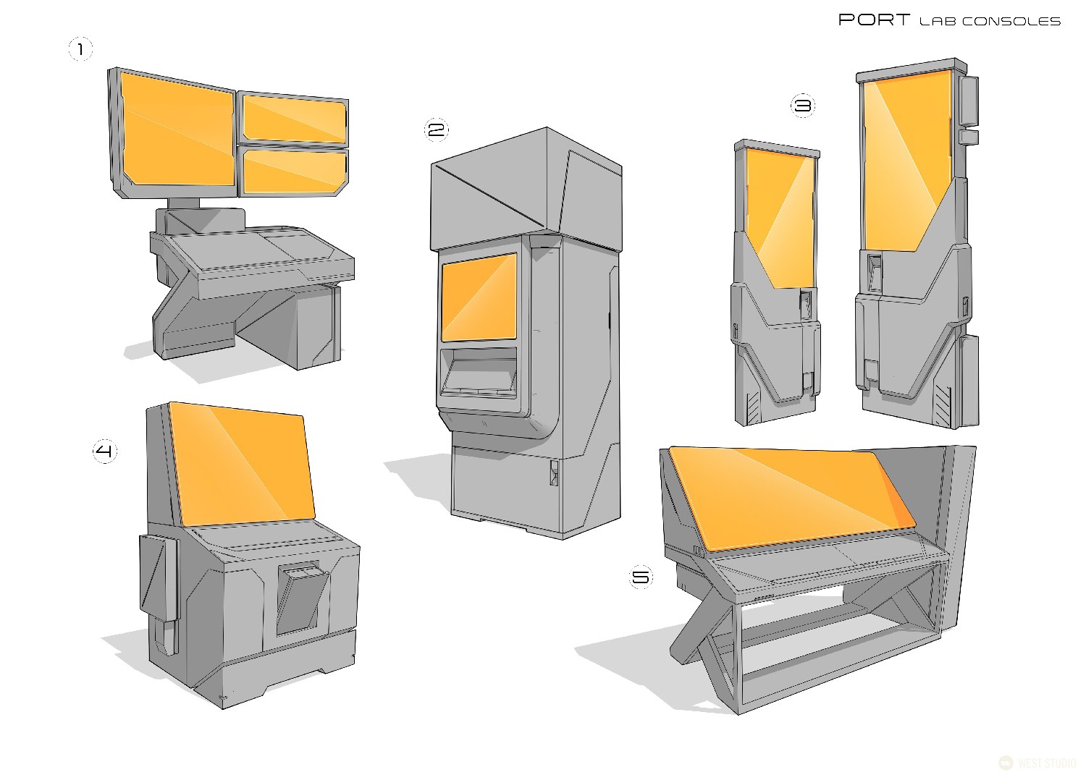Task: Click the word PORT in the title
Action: (874, 20)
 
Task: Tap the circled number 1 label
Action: (80, 50)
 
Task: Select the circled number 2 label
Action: (436, 130)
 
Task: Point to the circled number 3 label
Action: (802, 106)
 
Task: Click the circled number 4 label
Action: (105, 452)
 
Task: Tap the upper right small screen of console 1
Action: (293, 119)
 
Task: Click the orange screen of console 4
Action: (243, 463)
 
